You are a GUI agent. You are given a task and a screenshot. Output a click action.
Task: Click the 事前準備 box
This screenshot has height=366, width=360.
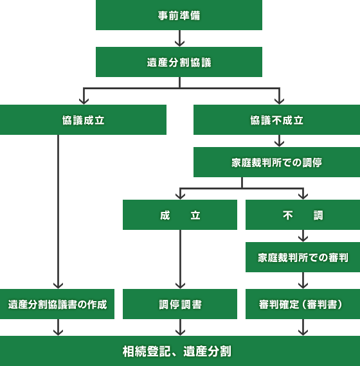click(x=179, y=15)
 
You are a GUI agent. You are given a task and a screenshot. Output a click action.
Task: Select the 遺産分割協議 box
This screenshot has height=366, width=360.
click(x=179, y=62)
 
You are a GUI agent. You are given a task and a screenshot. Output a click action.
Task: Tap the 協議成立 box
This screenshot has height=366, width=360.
click(x=83, y=120)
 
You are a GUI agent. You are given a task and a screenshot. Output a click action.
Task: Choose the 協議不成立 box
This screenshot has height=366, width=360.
click(x=276, y=120)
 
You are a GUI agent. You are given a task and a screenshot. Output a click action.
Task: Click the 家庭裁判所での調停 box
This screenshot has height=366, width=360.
click(x=276, y=162)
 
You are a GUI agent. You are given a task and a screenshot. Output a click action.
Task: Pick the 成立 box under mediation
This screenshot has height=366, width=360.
click(x=180, y=215)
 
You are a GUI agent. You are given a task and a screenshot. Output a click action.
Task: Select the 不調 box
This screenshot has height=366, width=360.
click(x=303, y=215)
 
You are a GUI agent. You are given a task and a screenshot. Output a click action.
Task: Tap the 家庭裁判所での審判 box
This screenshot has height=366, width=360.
click(x=303, y=257)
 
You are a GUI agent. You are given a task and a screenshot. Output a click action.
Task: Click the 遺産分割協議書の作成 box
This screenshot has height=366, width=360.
click(x=57, y=304)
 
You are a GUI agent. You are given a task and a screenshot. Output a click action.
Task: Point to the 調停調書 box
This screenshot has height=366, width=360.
click(x=180, y=304)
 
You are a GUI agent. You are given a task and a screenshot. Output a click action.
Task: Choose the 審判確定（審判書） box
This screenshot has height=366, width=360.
click(x=303, y=304)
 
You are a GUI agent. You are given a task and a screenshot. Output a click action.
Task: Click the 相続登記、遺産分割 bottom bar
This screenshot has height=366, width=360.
click(x=180, y=351)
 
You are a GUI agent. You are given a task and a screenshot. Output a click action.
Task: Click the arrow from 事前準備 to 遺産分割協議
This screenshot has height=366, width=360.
click(x=179, y=39)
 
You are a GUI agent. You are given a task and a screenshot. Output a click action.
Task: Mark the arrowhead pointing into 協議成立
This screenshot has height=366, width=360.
click(x=83, y=100)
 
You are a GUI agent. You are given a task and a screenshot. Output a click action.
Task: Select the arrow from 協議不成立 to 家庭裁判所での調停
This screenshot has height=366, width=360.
click(x=279, y=141)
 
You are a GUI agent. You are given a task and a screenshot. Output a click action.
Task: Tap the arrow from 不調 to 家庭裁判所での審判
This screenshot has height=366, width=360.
click(x=303, y=236)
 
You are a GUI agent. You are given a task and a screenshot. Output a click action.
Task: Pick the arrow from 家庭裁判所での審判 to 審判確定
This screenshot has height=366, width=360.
click(x=303, y=281)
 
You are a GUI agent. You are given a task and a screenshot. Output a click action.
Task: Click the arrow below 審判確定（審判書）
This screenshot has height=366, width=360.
click(x=303, y=328)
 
